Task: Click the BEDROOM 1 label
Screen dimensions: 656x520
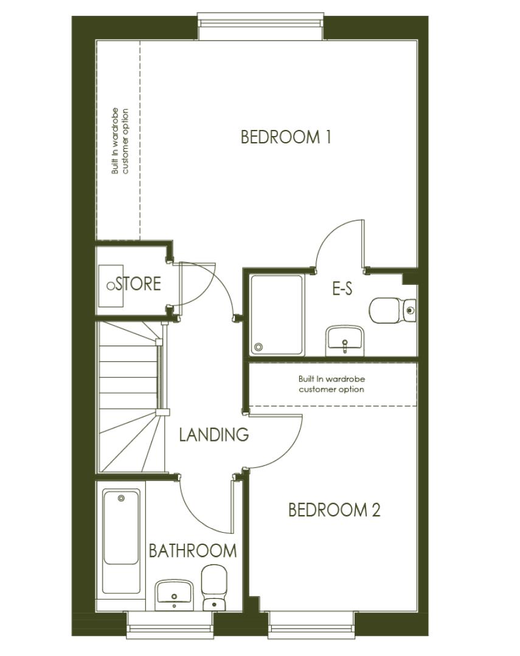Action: point(286,137)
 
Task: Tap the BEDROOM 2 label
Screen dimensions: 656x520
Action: point(334,510)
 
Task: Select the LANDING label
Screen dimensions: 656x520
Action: point(214,435)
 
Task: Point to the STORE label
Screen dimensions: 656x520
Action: point(138,284)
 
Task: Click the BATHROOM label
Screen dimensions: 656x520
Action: point(193,551)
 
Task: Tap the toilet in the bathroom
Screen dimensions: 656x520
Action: point(213,587)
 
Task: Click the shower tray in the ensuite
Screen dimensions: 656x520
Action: point(277,315)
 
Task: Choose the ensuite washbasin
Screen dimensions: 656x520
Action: point(345,340)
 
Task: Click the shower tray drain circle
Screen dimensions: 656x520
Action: point(259,347)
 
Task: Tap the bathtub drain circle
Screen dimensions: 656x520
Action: point(121,498)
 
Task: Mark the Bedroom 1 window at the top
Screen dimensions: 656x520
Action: point(262,22)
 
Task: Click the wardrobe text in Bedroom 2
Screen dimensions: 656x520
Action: point(331,384)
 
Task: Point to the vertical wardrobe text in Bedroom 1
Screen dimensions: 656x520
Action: point(120,142)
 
